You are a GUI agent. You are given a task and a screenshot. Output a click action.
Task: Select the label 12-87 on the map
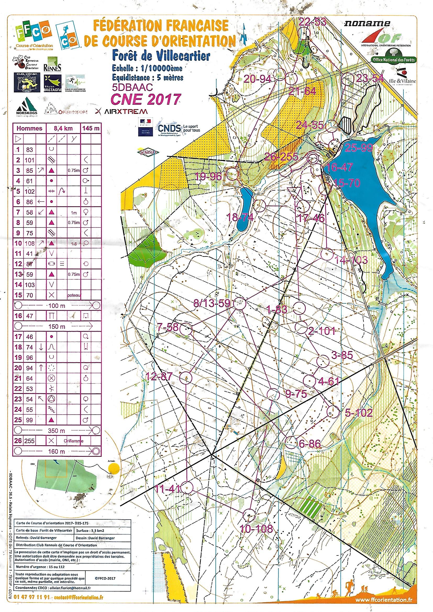click(x=159, y=376)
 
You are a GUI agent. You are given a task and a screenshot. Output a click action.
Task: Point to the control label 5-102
click(x=358, y=413)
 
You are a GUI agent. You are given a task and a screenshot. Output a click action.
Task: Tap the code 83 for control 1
click(x=29, y=149)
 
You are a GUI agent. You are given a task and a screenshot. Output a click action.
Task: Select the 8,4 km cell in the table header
click(x=63, y=128)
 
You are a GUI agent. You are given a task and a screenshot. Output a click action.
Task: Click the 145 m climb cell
click(x=91, y=128)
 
